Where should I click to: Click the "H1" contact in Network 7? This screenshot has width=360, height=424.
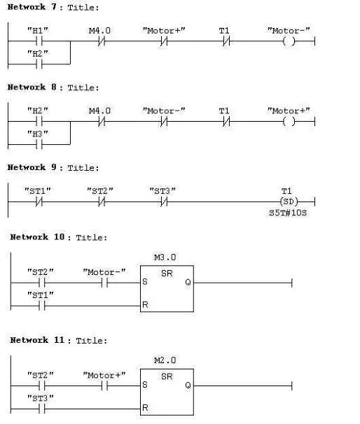38,41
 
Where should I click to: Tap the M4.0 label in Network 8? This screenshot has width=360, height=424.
99,111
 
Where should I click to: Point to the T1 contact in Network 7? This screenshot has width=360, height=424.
224,41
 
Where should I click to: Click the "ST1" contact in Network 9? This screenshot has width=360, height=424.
38,202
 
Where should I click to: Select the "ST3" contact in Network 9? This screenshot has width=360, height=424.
162,202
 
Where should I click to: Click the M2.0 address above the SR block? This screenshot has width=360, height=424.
165,361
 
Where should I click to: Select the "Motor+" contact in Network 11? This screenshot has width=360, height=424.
105,385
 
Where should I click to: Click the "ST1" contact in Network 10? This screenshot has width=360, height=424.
40,306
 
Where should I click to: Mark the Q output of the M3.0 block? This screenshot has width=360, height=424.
187,283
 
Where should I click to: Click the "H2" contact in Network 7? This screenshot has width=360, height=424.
38,64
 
